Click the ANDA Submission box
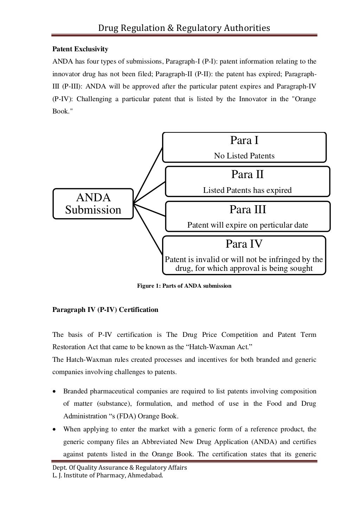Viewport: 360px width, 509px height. pos(93,204)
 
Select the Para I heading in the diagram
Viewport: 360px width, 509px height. pos(244,141)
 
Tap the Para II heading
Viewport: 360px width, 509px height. pos(247,175)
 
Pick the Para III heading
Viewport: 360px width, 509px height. pos(247,210)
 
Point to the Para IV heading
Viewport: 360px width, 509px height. pos(244,244)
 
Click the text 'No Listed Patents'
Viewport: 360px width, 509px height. pos(244,156)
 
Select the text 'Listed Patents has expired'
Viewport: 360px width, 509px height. pos(247,190)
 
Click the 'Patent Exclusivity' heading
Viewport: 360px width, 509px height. pos(80,49)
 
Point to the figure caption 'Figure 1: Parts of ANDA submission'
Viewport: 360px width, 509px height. pos(184,286)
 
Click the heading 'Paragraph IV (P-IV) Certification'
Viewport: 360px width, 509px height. pos(105,310)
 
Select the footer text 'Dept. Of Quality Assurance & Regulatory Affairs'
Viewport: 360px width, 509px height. pos(120,468)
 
